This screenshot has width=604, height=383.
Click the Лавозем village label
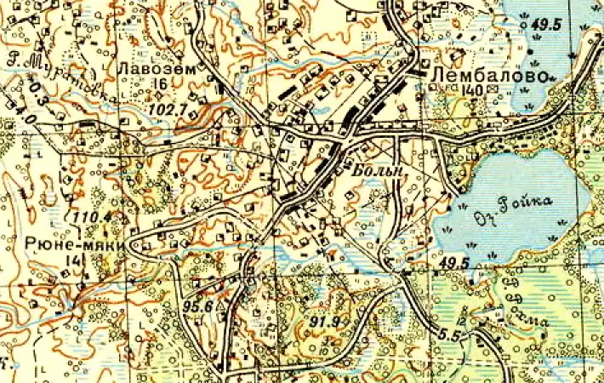150,68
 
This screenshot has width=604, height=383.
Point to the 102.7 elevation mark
166,110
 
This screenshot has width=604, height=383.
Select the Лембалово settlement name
487,76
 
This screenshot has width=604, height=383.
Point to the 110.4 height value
93,218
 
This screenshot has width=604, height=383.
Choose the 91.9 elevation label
326,323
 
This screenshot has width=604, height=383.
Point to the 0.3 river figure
35,89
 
